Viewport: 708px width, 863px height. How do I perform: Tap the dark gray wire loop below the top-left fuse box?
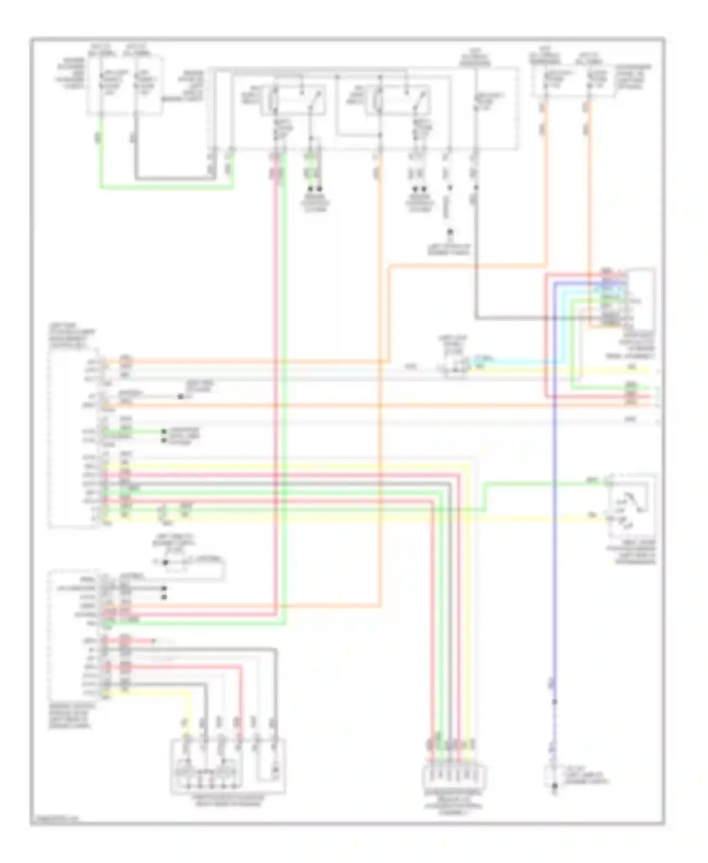[175, 178]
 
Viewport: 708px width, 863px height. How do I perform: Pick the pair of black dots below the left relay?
[315, 188]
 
